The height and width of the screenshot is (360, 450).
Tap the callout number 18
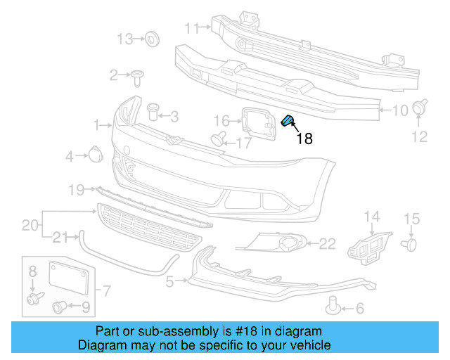[304, 139]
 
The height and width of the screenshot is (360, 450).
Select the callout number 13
[124, 39]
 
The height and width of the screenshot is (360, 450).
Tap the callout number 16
[221, 120]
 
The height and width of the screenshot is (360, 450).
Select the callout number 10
[399, 110]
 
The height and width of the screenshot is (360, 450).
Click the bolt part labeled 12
[420, 108]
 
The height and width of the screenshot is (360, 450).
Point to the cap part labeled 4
[95, 155]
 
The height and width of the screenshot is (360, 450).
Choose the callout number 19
[77, 189]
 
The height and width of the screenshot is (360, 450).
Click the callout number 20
[30, 225]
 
